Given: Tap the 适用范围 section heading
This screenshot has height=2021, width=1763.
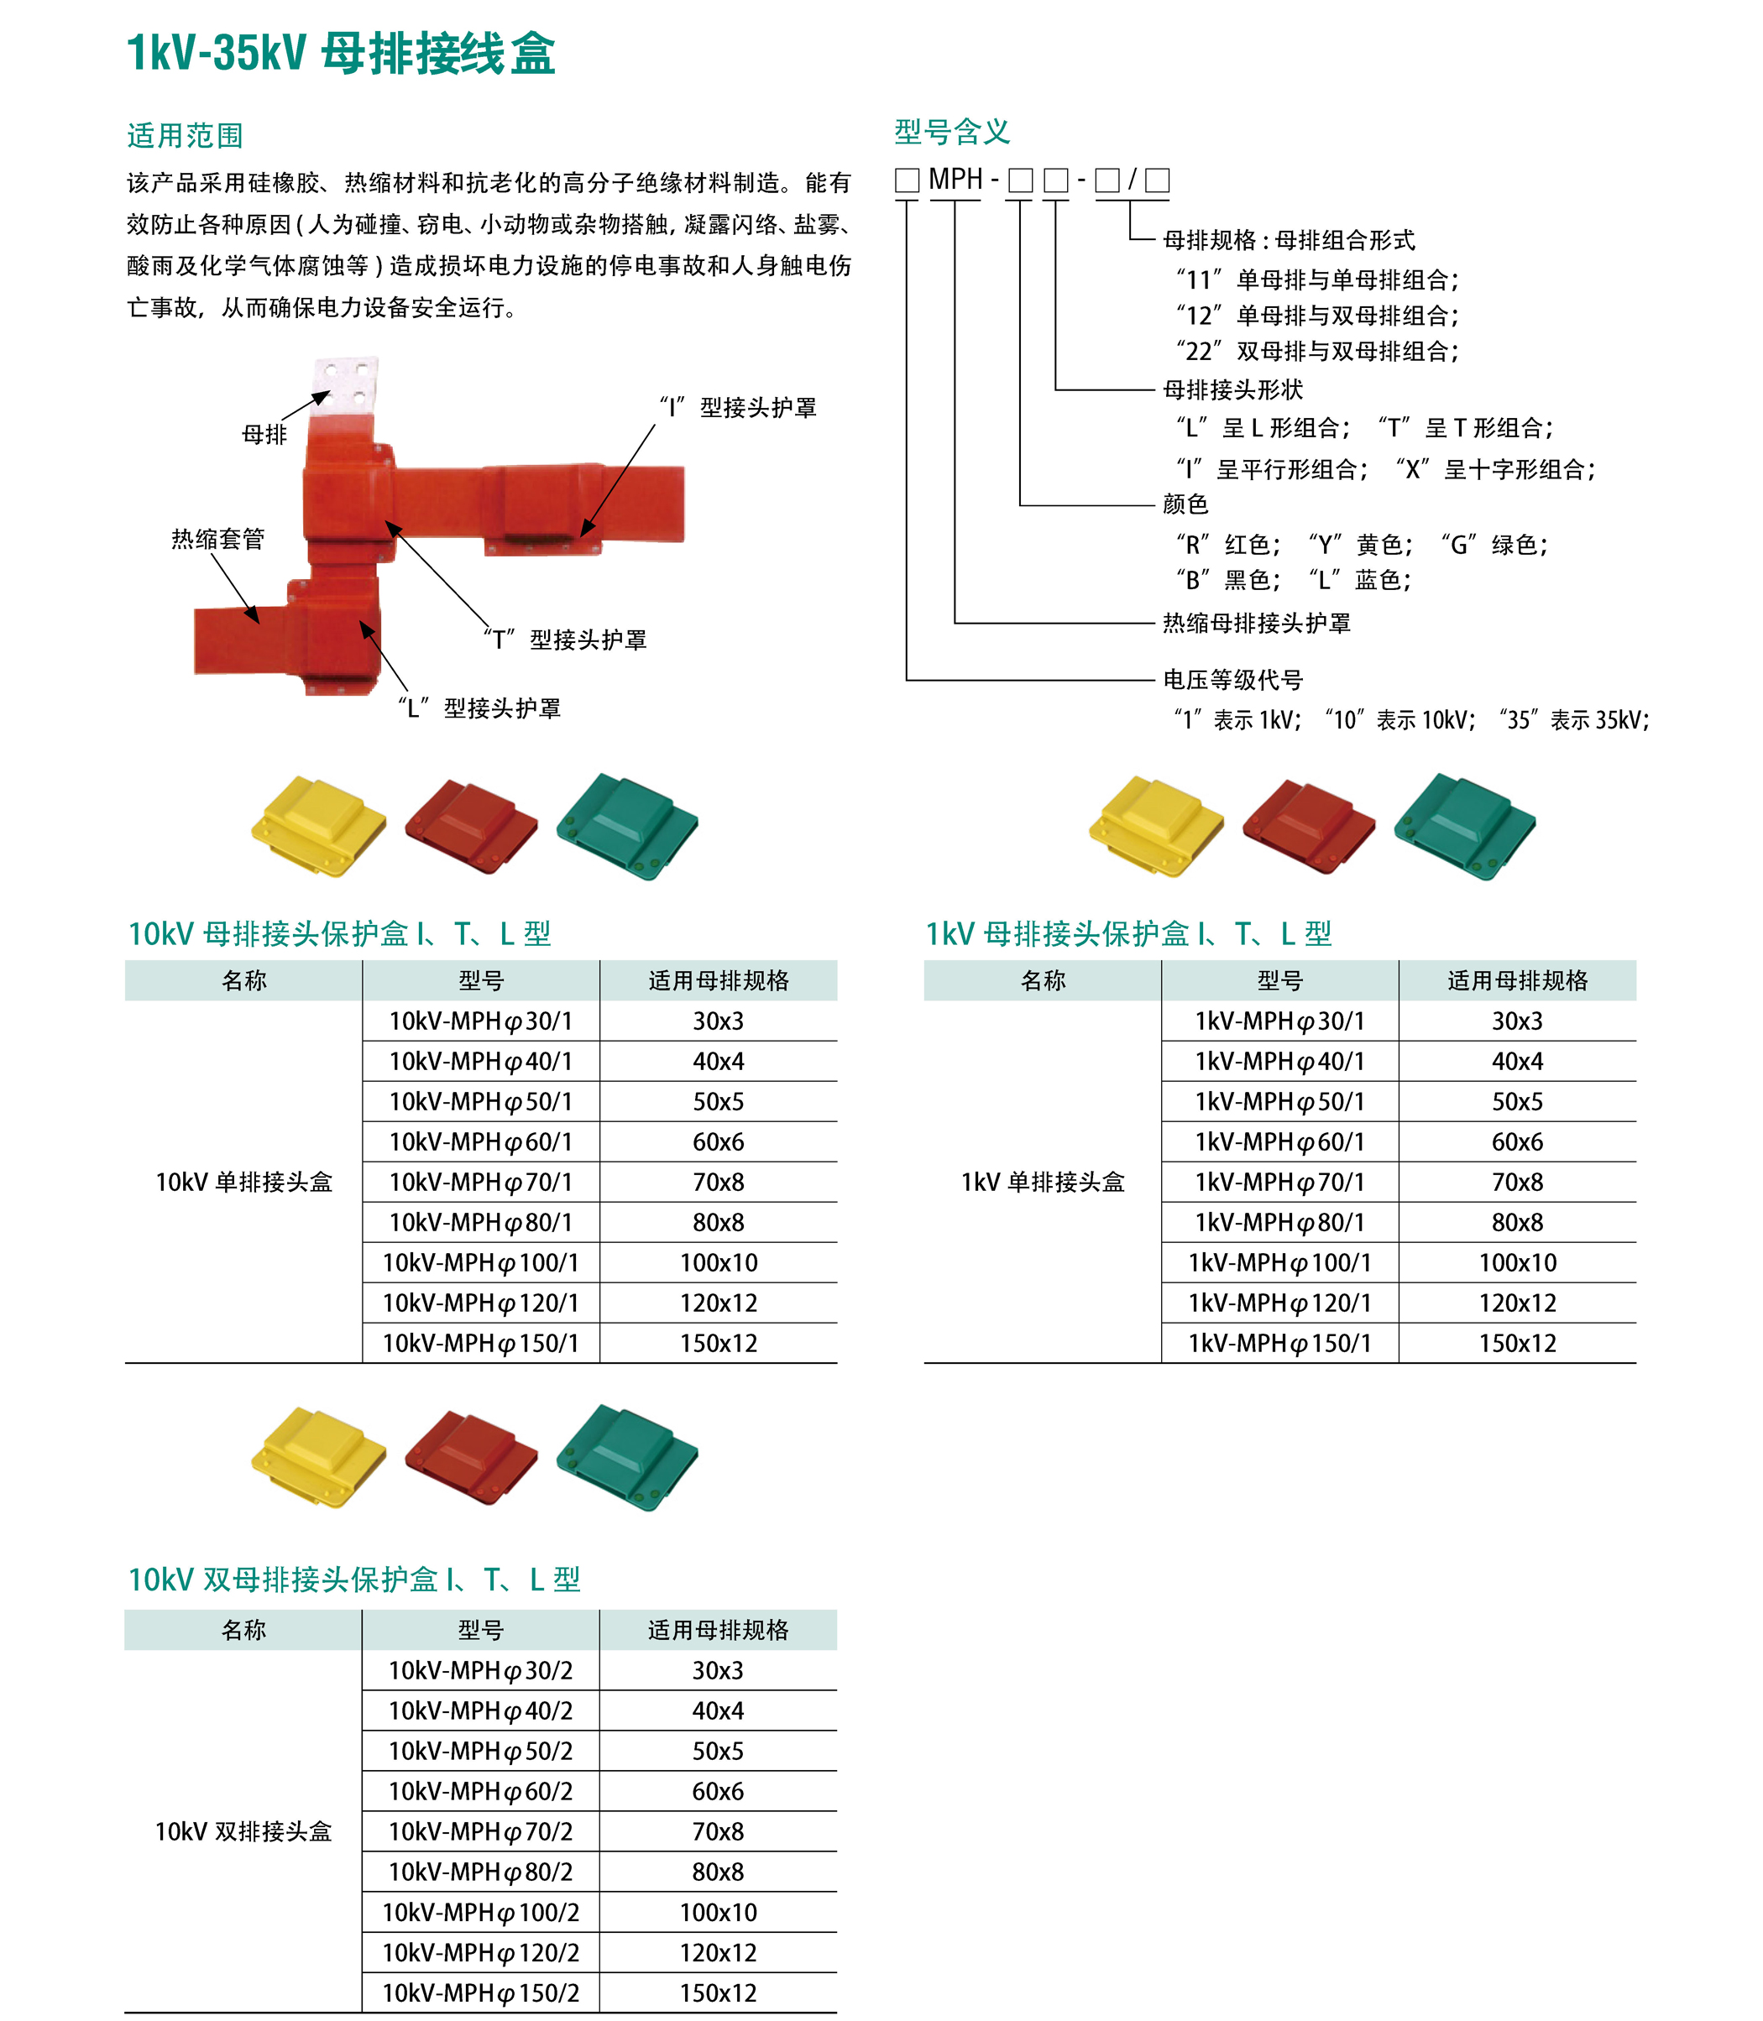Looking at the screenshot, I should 185,136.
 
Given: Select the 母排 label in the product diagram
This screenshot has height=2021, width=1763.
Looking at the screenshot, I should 264,435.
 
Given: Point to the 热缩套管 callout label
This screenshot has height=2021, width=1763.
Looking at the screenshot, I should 217,539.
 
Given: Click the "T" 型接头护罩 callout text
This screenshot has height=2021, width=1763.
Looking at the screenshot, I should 566,640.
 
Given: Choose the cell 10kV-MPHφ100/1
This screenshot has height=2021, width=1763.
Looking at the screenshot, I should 480,1263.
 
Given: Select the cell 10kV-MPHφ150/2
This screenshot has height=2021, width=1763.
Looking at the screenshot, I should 480,1993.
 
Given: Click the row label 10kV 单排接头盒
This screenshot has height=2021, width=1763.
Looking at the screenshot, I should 244,1182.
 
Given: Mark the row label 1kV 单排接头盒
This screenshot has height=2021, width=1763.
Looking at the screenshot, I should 1043,1182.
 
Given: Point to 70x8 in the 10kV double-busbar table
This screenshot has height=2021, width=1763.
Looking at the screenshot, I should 718,1831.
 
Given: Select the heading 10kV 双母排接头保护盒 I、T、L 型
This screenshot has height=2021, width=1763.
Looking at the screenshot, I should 354,1580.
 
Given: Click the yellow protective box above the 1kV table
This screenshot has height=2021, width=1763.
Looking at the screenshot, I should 1156,824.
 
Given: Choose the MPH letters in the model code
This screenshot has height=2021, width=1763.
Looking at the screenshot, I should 955,180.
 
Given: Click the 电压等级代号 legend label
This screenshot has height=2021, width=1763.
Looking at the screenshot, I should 1232,680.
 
